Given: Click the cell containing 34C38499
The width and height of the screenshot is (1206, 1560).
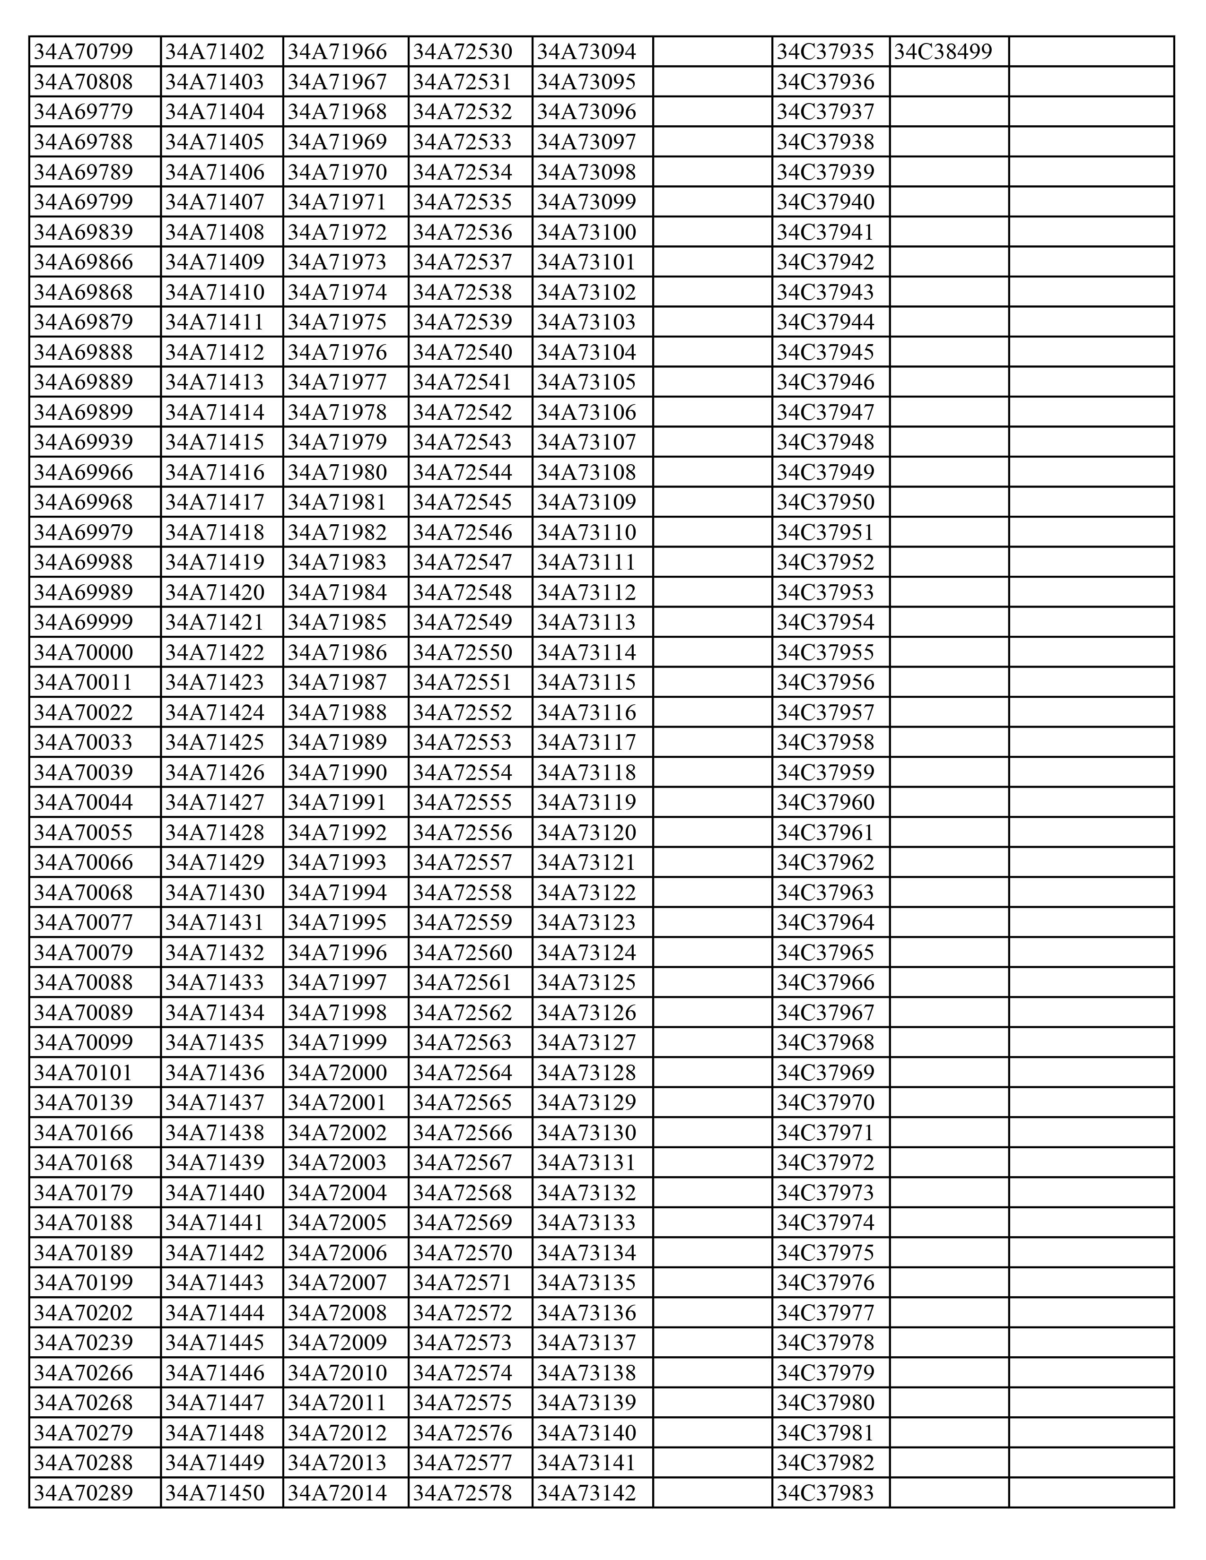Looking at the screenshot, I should click(943, 52).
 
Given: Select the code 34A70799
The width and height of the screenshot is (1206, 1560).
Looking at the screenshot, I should click(84, 52).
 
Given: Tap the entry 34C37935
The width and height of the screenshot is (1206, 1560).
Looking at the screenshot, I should click(825, 52).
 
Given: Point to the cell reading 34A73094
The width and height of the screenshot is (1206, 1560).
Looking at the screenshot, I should click(586, 52).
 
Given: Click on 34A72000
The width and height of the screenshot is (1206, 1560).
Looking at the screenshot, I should click(337, 1072).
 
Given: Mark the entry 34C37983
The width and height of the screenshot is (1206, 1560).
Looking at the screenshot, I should click(825, 1492).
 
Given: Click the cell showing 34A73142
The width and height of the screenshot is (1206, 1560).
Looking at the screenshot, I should click(586, 1492).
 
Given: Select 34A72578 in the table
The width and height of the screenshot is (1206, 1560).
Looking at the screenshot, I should click(463, 1492).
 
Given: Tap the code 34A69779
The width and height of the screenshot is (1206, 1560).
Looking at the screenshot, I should click(84, 112).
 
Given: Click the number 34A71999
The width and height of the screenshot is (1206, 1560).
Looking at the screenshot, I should click(337, 1042).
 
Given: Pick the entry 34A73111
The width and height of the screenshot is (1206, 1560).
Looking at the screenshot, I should click(586, 562).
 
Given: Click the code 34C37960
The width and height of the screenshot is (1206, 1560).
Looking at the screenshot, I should click(825, 802).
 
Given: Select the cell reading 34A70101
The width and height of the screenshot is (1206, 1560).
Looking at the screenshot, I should click(84, 1072).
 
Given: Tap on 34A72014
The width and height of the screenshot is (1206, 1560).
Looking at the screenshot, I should click(337, 1492).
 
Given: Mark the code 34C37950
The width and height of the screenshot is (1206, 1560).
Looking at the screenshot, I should click(825, 502).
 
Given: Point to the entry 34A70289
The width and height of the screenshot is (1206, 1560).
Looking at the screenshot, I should click(84, 1492).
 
